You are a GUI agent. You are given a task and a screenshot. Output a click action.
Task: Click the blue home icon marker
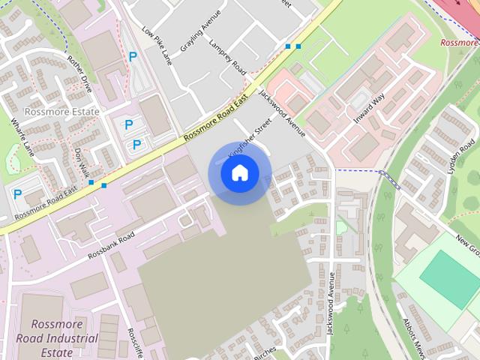click(239, 173)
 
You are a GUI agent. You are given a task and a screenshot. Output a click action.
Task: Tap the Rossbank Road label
click(110, 244)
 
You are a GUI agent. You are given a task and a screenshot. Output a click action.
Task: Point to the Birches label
click(265, 351)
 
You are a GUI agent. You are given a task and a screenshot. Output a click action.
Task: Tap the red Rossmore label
click(459, 43)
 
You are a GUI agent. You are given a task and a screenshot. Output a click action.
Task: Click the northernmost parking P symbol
click(133, 56)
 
